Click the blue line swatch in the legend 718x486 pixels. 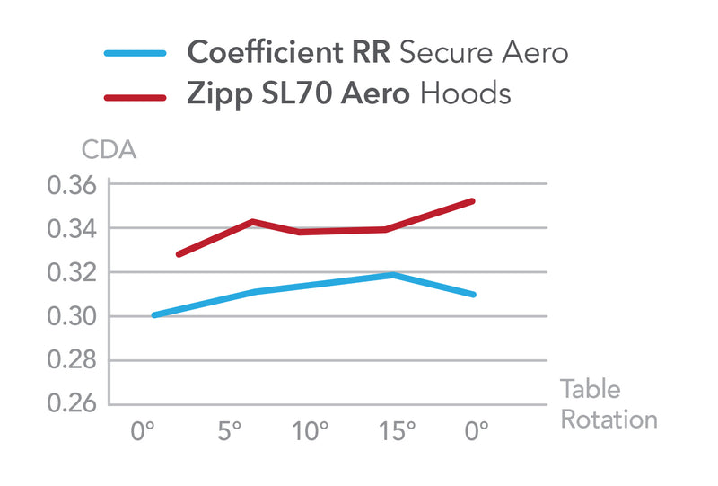coord(135,53)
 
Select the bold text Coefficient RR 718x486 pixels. coord(288,53)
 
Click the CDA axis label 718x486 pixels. coord(109,150)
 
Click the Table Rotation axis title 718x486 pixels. coord(608,404)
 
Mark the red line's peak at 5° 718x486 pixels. coord(253,221)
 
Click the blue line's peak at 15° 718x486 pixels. coord(393,275)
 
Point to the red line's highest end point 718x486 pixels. coord(473,201)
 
